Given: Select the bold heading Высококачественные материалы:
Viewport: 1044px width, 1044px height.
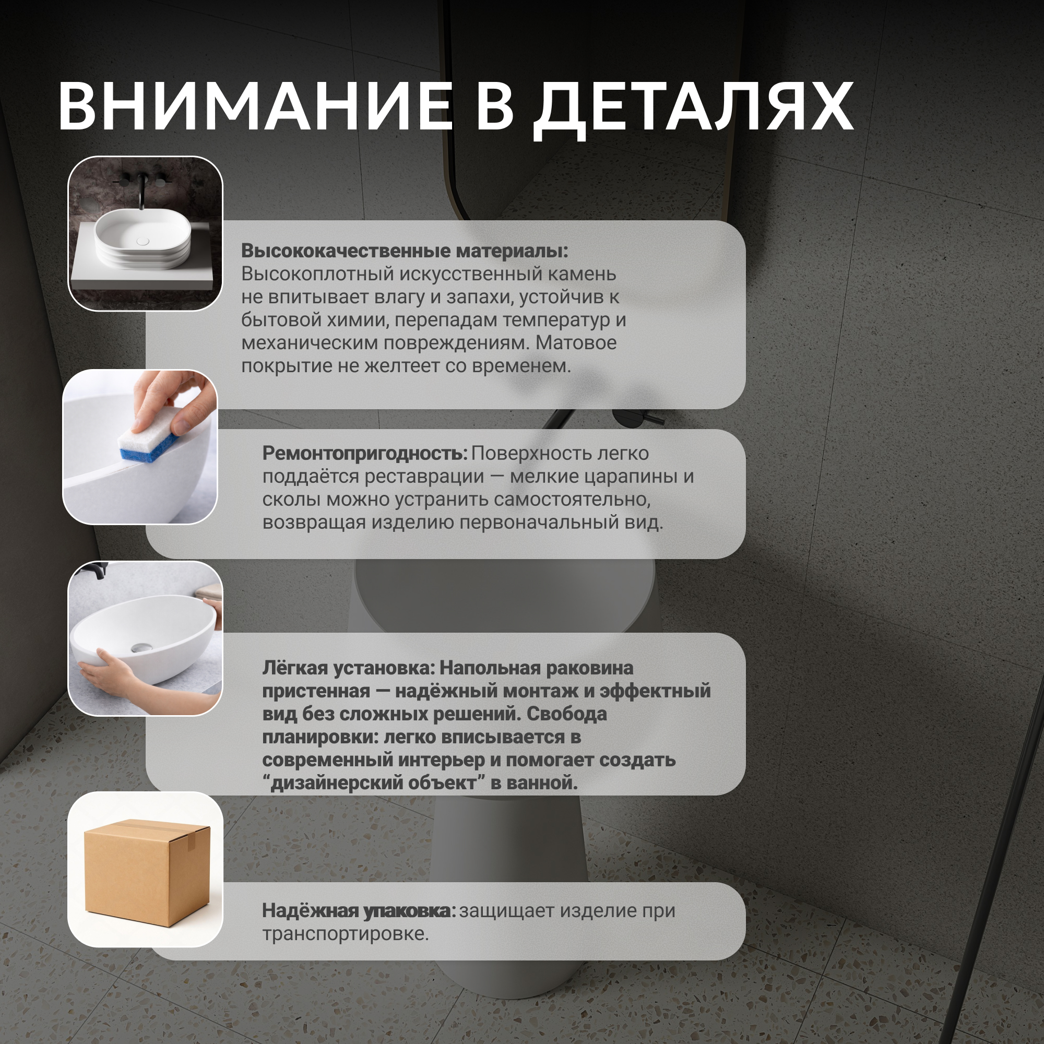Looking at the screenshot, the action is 405,251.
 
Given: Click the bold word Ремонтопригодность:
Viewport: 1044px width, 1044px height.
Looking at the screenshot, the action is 365,454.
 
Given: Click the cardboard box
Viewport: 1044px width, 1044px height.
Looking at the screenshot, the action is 147,873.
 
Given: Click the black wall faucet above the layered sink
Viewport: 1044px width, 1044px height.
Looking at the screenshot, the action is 141,189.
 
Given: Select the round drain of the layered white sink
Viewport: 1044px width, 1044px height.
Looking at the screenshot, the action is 143,241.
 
